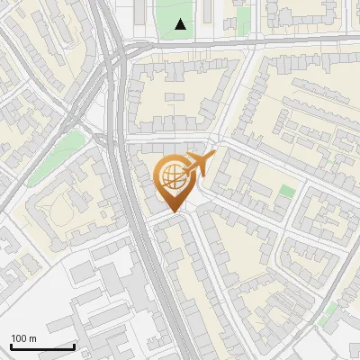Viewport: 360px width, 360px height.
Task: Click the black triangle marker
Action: click(x=181, y=24)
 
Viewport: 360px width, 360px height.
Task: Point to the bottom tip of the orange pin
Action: click(x=174, y=211)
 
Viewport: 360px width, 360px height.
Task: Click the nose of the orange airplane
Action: click(x=212, y=157)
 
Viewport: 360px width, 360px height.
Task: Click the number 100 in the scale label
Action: click(x=19, y=338)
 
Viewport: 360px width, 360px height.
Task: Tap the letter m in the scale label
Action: click(x=32, y=338)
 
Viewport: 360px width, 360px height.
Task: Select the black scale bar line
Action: click(x=42, y=346)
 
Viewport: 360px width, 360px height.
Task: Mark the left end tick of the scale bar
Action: click(x=11, y=345)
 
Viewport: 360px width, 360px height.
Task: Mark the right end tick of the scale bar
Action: click(x=74, y=345)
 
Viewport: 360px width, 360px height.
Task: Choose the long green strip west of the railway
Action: click(x=54, y=157)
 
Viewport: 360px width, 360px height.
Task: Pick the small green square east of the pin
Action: click(x=287, y=191)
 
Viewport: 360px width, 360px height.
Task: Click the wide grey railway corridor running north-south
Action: click(x=135, y=225)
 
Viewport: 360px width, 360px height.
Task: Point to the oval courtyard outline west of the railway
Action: click(x=61, y=212)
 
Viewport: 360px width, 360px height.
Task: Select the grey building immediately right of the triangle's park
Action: click(x=209, y=13)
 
